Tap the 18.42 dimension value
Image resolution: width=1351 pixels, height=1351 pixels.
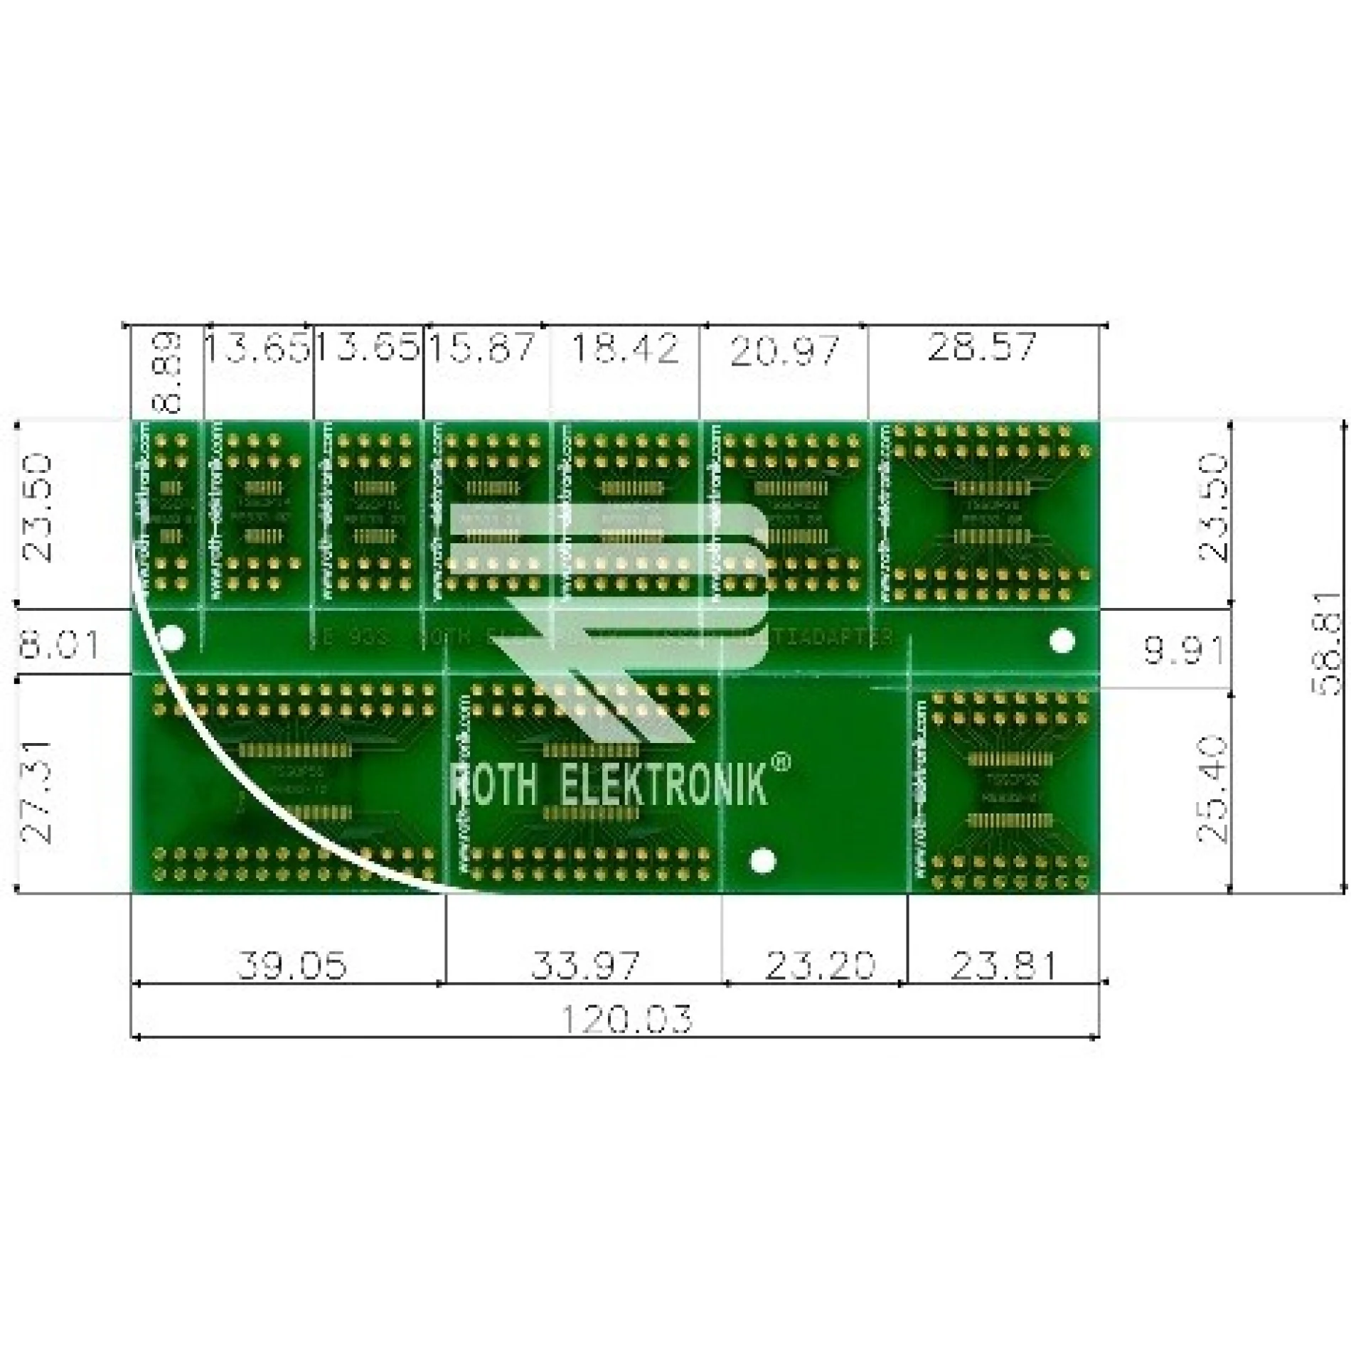coord(625,348)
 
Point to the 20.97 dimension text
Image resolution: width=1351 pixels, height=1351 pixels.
coord(784,351)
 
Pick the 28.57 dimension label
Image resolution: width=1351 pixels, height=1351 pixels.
coord(981,346)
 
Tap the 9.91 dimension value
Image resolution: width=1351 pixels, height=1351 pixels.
coord(1183,649)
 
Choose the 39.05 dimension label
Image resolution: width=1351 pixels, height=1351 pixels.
coord(292,965)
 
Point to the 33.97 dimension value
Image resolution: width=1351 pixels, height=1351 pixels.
coord(585,965)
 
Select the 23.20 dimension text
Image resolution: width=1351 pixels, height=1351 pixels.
coord(819,965)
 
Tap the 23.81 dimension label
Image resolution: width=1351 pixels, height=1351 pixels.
coord(1003,965)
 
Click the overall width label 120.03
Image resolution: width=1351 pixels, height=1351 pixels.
coord(626,1018)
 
